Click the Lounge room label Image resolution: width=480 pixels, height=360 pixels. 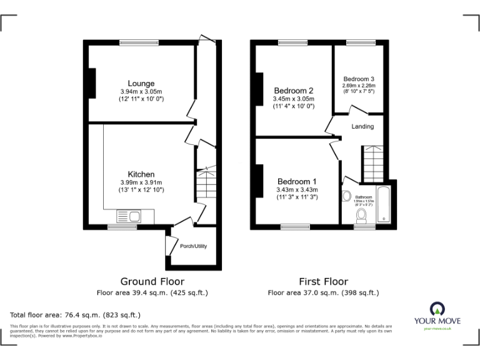[x=141, y=83]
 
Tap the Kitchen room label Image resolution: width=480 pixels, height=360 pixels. [x=141, y=174]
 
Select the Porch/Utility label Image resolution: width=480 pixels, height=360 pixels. [x=193, y=246]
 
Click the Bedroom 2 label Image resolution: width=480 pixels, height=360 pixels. [x=293, y=91]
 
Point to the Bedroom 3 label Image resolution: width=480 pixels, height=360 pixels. [x=359, y=79]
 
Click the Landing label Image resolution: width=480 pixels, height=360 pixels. [x=362, y=126]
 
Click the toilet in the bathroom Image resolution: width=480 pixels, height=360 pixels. [x=361, y=216]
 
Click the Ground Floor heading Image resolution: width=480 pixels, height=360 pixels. [x=152, y=281]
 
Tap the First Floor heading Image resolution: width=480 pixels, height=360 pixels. [x=322, y=281]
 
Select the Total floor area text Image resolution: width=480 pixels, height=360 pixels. [x=76, y=314]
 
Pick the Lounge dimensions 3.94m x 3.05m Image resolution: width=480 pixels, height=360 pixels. [x=142, y=92]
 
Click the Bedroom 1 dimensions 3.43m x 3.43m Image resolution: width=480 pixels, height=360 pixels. [x=297, y=190]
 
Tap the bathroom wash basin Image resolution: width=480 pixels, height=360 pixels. [x=347, y=196]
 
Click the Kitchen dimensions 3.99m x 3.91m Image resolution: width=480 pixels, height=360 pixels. [x=142, y=182]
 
